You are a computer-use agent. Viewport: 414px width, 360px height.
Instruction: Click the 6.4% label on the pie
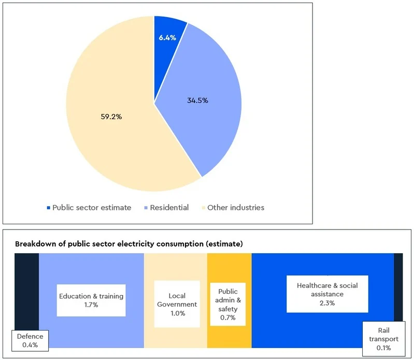[x=167, y=37]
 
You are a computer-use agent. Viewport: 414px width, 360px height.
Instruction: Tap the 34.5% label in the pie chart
[x=197, y=100]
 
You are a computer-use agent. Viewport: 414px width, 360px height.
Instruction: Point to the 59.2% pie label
[x=111, y=117]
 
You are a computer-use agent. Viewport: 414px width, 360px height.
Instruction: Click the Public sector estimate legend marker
[x=49, y=208]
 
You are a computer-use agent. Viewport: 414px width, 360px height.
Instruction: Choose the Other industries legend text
[x=236, y=208]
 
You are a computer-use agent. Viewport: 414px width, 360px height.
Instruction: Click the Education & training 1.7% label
[x=91, y=300]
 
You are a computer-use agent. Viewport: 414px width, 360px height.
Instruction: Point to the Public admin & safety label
[x=227, y=305]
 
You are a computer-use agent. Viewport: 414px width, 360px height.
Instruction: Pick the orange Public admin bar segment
[x=229, y=269]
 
